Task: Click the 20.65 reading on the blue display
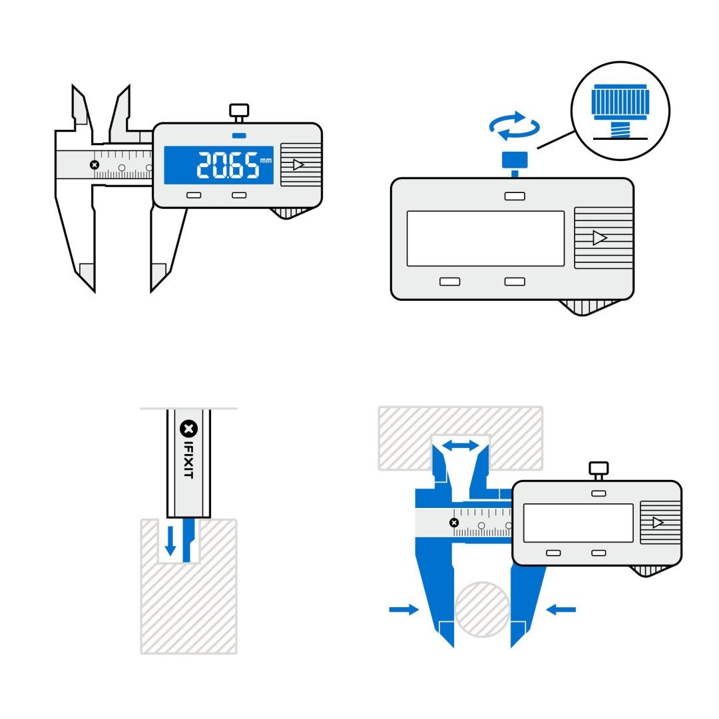click(x=227, y=165)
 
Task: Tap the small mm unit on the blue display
click(x=266, y=160)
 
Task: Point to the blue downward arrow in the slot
click(x=170, y=540)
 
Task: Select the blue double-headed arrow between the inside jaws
click(x=461, y=445)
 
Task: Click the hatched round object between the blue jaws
click(x=482, y=609)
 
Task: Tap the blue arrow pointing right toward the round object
click(x=403, y=609)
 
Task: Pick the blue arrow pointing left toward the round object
click(x=561, y=608)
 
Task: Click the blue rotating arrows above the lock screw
click(x=514, y=126)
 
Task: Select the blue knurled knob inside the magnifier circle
click(x=619, y=103)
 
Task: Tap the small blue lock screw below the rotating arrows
click(x=515, y=160)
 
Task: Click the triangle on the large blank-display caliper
click(x=600, y=238)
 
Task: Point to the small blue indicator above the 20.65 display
click(x=239, y=136)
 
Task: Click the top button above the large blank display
click(x=515, y=196)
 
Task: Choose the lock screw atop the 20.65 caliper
click(x=238, y=111)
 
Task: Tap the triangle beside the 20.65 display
click(x=298, y=164)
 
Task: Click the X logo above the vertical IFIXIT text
click(x=188, y=428)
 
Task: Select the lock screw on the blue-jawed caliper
click(x=599, y=469)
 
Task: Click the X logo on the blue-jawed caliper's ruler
click(x=455, y=523)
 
